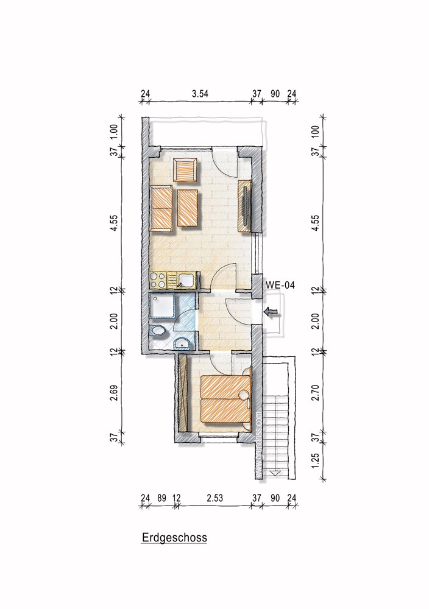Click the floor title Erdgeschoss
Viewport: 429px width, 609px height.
tap(174, 538)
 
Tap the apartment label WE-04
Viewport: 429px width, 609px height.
tap(280, 284)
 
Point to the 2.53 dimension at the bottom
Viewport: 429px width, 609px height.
tap(214, 498)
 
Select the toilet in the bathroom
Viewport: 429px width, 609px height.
tap(157, 332)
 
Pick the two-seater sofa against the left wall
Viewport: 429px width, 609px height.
tap(161, 208)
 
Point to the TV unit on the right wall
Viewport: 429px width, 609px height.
tap(246, 206)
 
